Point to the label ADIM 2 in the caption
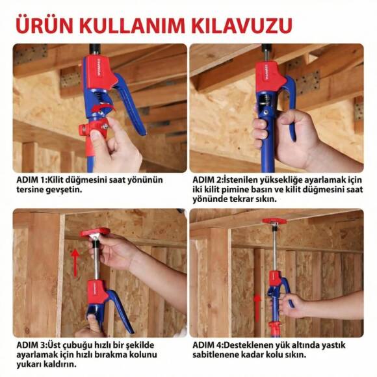(208, 179)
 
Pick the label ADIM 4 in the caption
(208, 343)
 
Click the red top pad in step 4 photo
(274, 221)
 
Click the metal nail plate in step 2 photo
(310, 81)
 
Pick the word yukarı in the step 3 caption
(29, 365)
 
